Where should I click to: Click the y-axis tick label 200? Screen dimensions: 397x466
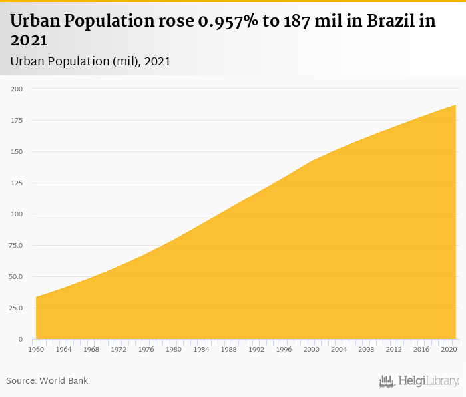pos(16,89)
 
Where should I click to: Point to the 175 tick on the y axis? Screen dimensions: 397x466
pos(16,120)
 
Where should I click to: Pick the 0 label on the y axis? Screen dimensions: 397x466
pos(20,340)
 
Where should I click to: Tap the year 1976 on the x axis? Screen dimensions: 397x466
pos(146,349)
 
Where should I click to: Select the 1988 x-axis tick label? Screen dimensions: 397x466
pos(229,349)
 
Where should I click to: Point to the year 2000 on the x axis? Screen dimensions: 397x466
pos(312,349)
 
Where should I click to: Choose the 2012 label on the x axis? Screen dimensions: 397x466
pos(394,349)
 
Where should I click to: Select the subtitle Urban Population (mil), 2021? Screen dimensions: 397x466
pos(91,61)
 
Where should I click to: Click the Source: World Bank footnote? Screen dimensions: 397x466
pos(47,381)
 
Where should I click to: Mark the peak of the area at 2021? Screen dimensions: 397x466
pos(456,105)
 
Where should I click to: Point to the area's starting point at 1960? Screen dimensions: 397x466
pos(36,297)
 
